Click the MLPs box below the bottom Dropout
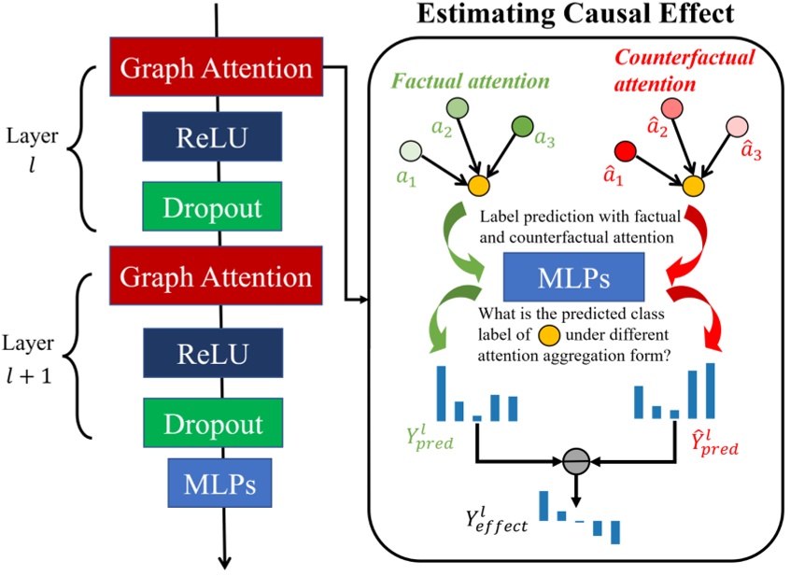(219, 485)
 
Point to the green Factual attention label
(470, 81)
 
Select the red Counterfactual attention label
(685, 70)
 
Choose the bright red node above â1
(628, 149)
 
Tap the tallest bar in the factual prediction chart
(437, 389)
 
